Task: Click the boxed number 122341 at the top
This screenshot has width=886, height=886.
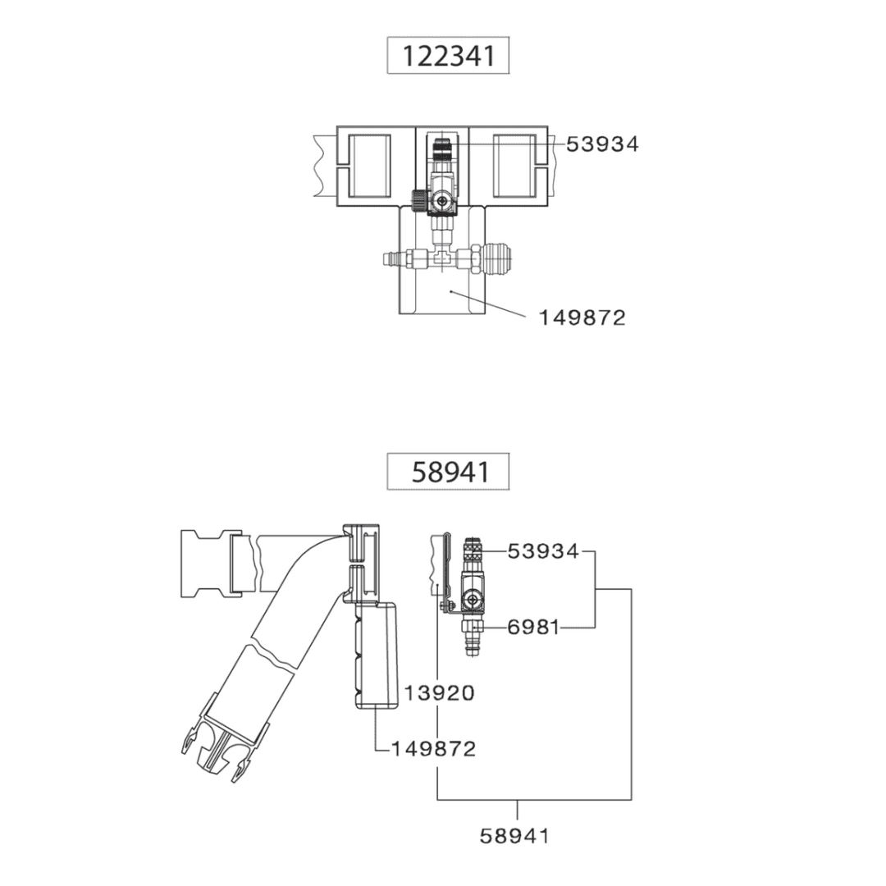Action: (448, 56)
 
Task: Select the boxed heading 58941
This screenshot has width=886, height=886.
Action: (448, 473)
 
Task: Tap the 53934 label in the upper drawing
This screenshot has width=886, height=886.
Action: (602, 144)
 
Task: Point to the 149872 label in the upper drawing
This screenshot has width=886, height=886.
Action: (582, 317)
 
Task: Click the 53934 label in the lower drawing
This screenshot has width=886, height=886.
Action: (543, 551)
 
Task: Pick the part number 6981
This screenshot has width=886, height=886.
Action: (533, 628)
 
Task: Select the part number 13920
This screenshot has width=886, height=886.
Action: (439, 693)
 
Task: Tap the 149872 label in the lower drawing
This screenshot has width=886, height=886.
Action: (433, 749)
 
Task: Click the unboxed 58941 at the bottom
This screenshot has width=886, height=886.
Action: (514, 836)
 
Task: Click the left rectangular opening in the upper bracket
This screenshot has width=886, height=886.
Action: (369, 167)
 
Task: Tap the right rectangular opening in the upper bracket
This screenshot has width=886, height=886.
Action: (514, 167)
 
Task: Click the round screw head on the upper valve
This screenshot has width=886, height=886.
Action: (443, 200)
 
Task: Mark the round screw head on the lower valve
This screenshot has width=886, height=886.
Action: (473, 602)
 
